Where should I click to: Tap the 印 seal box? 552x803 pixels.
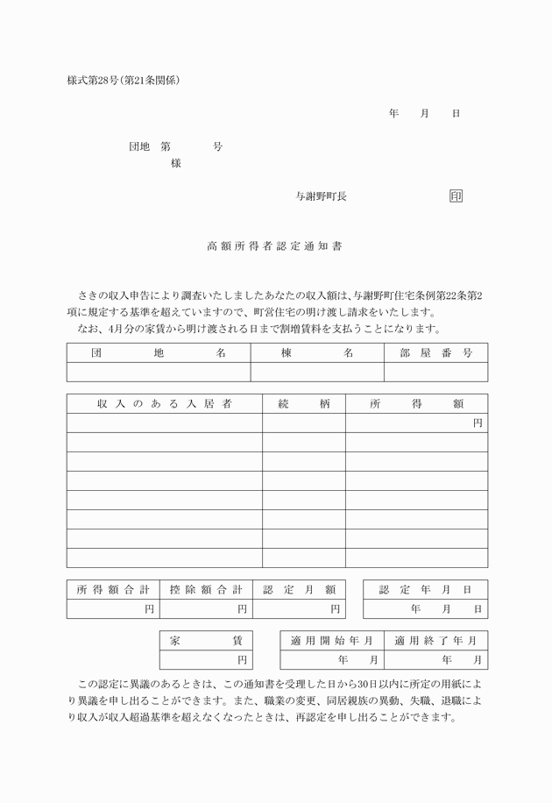[456, 196]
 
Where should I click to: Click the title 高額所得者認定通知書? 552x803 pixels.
[274, 247]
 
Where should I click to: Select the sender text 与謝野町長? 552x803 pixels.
[321, 196]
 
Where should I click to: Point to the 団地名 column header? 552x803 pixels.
[159, 353]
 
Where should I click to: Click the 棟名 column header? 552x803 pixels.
[317, 353]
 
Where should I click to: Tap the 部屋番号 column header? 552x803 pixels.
[435, 353]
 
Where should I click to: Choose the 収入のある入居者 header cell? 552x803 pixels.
[164, 404]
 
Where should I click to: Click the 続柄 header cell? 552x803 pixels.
[303, 404]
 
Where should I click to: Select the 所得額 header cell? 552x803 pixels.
[416, 404]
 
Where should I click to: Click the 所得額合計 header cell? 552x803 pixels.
[112, 589]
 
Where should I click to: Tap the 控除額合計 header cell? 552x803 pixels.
[205, 589]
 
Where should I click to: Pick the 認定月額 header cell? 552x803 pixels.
[299, 589]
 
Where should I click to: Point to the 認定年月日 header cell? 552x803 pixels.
[425, 589]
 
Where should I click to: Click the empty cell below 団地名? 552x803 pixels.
[159, 372]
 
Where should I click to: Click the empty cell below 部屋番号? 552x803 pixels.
[435, 372]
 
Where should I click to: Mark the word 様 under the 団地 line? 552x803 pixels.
[175, 163]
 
